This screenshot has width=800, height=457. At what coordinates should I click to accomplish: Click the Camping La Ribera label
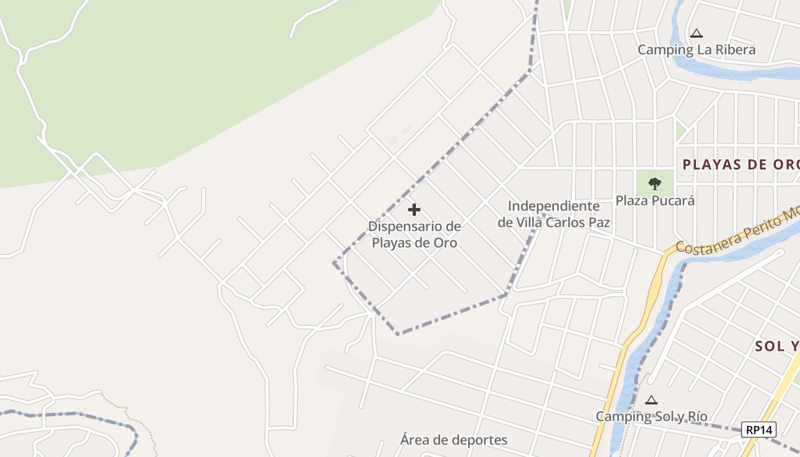696,50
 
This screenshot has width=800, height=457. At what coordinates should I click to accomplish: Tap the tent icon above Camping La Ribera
696,34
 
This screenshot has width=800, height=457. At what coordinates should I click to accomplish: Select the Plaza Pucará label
655,201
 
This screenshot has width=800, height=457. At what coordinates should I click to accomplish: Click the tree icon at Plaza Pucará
655,184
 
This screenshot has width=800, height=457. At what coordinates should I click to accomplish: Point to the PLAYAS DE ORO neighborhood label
741,165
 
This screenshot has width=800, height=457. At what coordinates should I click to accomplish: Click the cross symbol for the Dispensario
414,210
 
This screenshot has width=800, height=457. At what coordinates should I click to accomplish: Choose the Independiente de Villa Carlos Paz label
553,214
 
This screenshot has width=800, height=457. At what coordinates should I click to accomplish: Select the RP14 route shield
759,430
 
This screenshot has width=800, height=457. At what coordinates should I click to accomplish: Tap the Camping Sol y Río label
651,416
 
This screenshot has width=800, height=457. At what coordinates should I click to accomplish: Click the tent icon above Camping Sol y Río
651,400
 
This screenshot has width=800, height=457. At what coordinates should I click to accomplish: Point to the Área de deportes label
454,440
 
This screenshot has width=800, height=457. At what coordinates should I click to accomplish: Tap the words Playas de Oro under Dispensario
414,243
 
